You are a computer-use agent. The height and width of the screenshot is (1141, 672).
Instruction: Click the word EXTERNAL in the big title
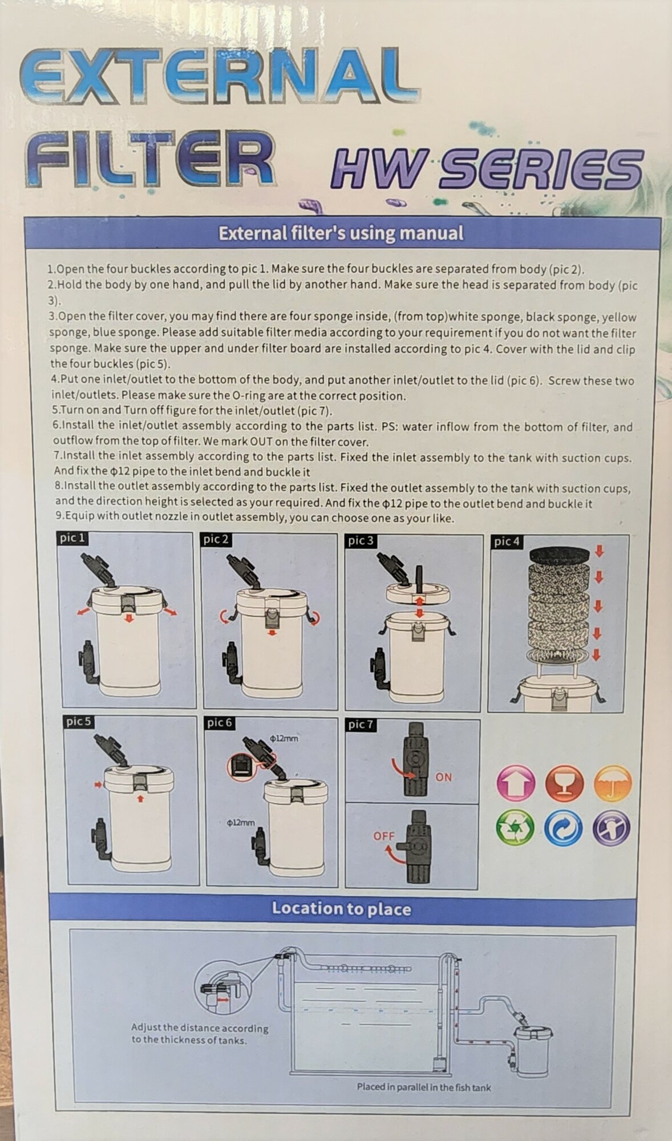(220, 76)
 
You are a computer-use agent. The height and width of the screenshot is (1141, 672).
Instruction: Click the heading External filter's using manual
(341, 233)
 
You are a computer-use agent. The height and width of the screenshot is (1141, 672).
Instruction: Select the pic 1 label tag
(72, 538)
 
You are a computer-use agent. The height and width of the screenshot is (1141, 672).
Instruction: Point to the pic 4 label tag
(507, 541)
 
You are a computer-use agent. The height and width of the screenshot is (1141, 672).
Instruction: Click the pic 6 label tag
(220, 723)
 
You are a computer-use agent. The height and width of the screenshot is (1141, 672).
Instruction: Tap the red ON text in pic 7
(443, 777)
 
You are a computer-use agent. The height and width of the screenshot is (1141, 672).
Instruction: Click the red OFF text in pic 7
(384, 836)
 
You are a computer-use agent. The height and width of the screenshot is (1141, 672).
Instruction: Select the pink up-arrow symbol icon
(516, 783)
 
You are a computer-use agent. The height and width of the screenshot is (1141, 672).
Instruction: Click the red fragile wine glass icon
(564, 783)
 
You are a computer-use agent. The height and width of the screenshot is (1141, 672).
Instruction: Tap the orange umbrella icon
(613, 783)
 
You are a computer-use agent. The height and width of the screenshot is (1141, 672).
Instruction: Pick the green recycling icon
(516, 827)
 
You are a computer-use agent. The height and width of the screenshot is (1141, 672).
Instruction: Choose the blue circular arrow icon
(564, 827)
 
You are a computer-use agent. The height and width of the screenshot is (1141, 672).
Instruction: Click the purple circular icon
(611, 827)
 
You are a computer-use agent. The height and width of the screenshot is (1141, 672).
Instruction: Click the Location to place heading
(341, 909)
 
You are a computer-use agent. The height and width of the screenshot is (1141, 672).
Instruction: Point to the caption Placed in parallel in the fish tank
(424, 1087)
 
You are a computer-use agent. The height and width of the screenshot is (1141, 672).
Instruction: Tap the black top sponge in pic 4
(559, 555)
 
